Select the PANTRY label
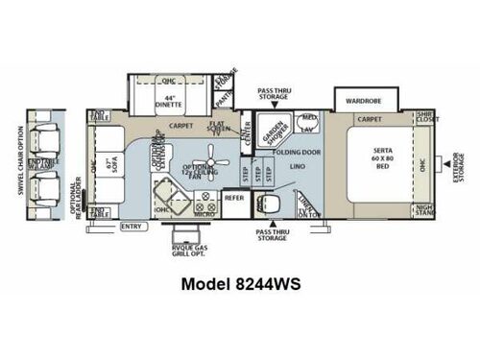(x=223, y=96)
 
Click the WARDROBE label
(x=365, y=98)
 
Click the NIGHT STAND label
(x=423, y=209)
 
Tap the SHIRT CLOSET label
(x=424, y=120)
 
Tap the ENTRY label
(x=132, y=227)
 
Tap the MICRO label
(x=203, y=211)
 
